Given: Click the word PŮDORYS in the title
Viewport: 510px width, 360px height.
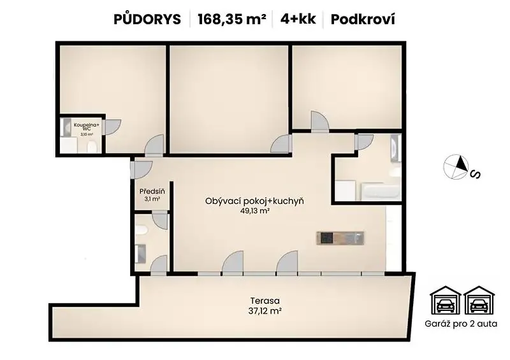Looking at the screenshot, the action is pyautogui.click(x=147, y=19).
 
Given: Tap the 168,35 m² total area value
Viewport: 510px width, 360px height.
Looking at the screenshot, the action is pyautogui.click(x=232, y=19).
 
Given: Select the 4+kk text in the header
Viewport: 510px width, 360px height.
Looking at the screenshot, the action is pyautogui.click(x=298, y=19).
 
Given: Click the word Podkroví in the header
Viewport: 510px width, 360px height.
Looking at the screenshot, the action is pyautogui.click(x=363, y=19).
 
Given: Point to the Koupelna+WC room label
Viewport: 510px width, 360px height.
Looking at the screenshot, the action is pyautogui.click(x=87, y=127).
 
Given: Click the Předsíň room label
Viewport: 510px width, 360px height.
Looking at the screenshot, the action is pyautogui.click(x=152, y=191).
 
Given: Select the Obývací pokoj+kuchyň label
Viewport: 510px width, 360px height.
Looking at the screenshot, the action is pyautogui.click(x=254, y=201).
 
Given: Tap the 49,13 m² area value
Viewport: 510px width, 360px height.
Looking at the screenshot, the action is pyautogui.click(x=255, y=211).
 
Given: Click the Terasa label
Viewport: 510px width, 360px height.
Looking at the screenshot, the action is pyautogui.click(x=265, y=301).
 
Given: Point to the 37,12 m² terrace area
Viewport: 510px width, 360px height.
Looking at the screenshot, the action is pyautogui.click(x=265, y=311).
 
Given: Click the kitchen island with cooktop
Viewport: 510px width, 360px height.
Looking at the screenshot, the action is pyautogui.click(x=340, y=238).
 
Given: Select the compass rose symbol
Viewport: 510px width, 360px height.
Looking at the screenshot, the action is pyautogui.click(x=456, y=166).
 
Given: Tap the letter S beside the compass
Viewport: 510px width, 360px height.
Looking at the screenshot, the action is pyautogui.click(x=476, y=175).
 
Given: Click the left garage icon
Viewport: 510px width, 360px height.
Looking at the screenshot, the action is pyautogui.click(x=445, y=300).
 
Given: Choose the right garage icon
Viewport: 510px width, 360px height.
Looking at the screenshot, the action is pyautogui.click(x=479, y=300).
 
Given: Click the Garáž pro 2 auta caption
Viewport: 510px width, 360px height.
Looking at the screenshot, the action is pyautogui.click(x=461, y=324).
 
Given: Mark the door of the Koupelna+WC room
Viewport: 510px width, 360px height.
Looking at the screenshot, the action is pyautogui.click(x=112, y=127).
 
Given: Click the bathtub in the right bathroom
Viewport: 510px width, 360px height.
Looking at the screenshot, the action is pyautogui.click(x=381, y=192).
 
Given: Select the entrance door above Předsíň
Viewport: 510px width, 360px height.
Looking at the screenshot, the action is pyautogui.click(x=141, y=169).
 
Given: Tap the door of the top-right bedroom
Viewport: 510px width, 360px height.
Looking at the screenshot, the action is pyautogui.click(x=320, y=121).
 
